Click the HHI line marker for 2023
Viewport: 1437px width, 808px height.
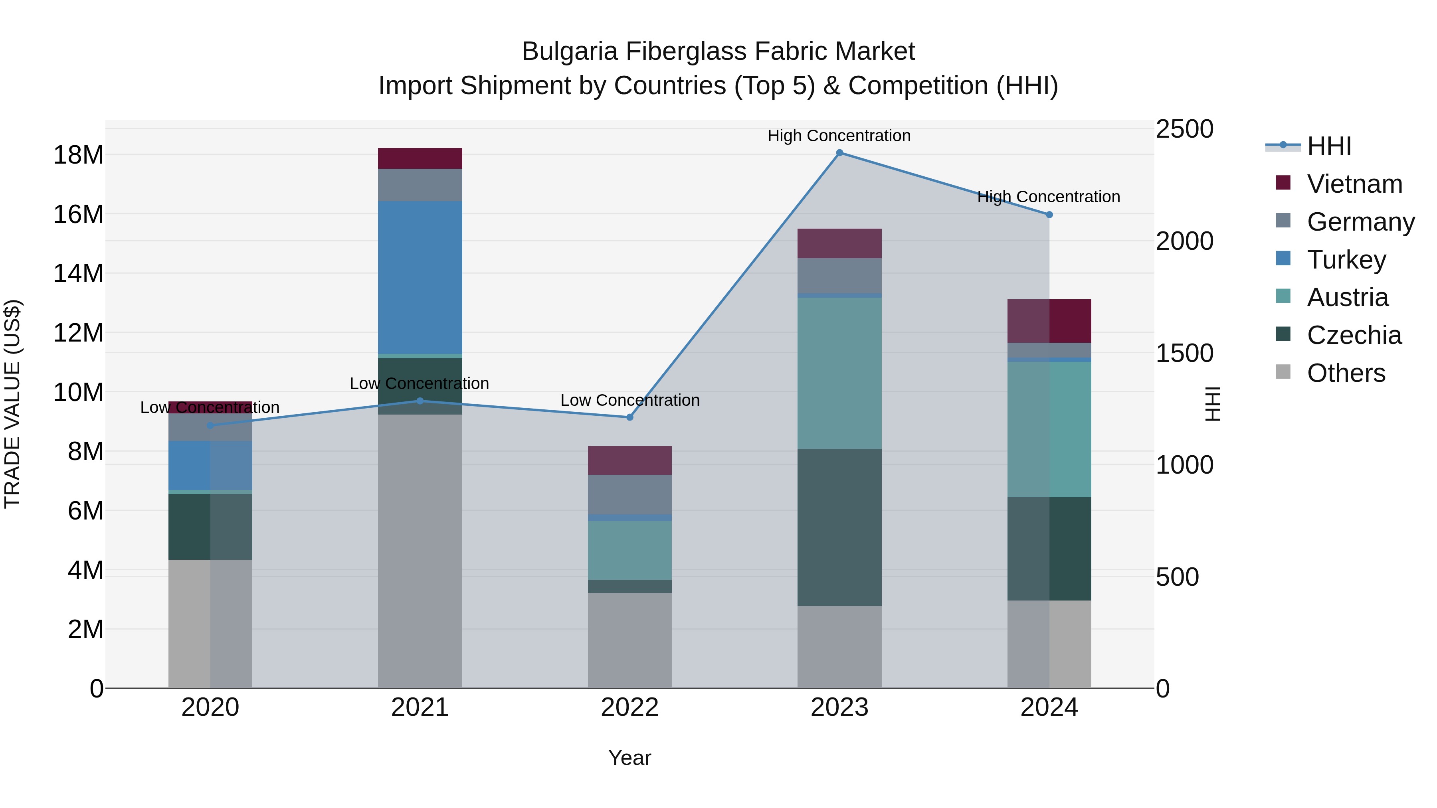pyautogui.click(x=839, y=153)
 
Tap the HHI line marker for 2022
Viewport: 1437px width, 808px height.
pyautogui.click(x=630, y=417)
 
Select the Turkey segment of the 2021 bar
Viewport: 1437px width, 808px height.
pyautogui.click(x=420, y=277)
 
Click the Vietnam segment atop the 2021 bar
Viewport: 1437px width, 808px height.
pyautogui.click(x=420, y=158)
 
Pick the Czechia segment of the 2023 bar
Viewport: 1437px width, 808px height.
pyautogui.click(x=839, y=527)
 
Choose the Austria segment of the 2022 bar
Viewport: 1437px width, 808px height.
pyautogui.click(x=630, y=550)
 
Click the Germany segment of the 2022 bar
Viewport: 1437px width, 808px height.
pyautogui.click(x=630, y=494)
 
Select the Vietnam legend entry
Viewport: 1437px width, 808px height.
pyautogui.click(x=1354, y=184)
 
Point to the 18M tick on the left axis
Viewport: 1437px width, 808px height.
pyautogui.click(x=78, y=155)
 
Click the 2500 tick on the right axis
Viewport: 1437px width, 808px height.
pyautogui.click(x=1184, y=129)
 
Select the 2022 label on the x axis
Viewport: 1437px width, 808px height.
pyautogui.click(x=630, y=707)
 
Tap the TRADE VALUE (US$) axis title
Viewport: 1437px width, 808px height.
pyautogui.click(x=12, y=404)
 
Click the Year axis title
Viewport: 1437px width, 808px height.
pyautogui.click(x=630, y=758)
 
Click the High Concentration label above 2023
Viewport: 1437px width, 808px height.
pyautogui.click(x=839, y=136)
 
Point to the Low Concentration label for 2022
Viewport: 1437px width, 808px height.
pyautogui.click(x=630, y=400)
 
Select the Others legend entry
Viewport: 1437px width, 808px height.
pyautogui.click(x=1346, y=373)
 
